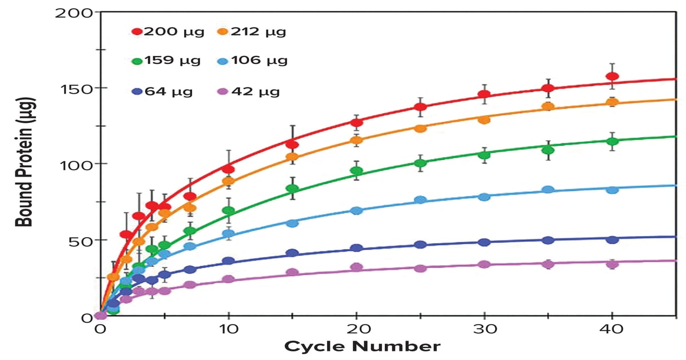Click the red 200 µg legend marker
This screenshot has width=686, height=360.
tap(137, 31)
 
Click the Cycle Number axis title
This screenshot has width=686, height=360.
tap(362, 347)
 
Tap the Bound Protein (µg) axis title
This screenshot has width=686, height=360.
tap(26, 162)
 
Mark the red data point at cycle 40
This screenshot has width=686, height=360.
tap(612, 77)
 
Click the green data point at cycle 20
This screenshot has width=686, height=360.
tap(357, 171)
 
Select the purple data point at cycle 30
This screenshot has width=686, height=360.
tap(484, 265)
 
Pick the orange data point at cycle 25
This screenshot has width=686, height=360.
tap(420, 129)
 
